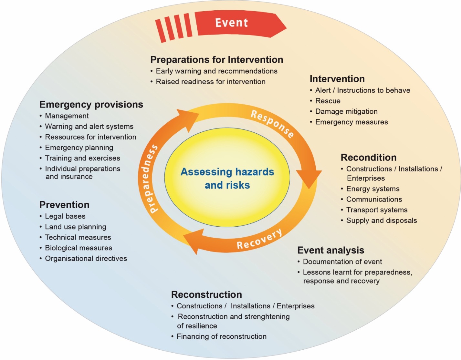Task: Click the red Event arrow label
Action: (x=232, y=23)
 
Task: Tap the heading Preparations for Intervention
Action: (x=216, y=60)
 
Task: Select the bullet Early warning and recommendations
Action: (x=216, y=71)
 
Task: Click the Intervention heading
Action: (x=337, y=79)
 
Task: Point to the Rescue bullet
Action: (x=328, y=101)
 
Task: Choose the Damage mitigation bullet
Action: (x=346, y=112)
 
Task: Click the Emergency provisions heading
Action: (x=91, y=105)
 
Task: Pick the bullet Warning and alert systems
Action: (x=89, y=127)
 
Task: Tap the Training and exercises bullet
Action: (x=82, y=158)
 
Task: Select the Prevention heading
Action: (x=64, y=205)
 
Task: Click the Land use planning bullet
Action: (x=75, y=227)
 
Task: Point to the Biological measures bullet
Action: (x=79, y=248)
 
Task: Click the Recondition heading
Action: (x=369, y=158)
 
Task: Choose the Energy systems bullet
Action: (x=373, y=189)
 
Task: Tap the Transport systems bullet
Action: (x=377, y=210)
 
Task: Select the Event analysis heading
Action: (x=330, y=251)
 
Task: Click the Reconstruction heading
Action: (x=206, y=295)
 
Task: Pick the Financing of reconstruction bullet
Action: (x=221, y=336)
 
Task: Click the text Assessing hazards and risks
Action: (x=227, y=178)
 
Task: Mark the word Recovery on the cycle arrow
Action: (x=259, y=240)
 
